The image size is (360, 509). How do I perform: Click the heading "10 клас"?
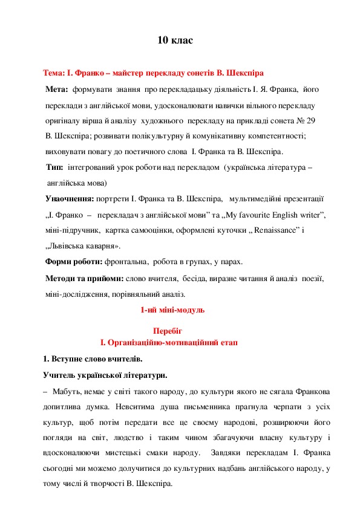[175, 41]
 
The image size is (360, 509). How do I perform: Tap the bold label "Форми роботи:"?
[74, 262]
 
